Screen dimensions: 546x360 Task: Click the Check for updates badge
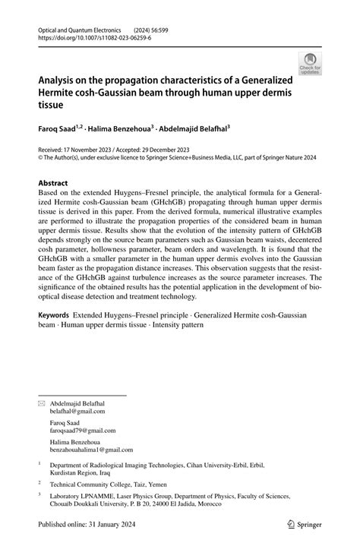pos(310,65)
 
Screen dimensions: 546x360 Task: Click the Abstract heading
pos(53,183)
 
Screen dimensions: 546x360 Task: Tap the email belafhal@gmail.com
pos(77,411)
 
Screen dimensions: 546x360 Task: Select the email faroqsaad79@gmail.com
pos(82,430)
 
